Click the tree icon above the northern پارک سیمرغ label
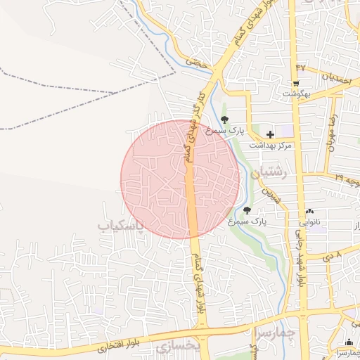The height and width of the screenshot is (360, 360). [x=224, y=119]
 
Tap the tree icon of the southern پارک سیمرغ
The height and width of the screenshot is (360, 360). [x=246, y=210]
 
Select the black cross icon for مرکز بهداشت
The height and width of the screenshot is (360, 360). [x=270, y=133]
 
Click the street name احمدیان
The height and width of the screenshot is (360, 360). [x=326, y=77]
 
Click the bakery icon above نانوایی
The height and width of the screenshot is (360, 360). [x=310, y=211]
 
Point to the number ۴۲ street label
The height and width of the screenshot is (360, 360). [x=300, y=67]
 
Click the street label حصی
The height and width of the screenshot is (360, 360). [x=198, y=62]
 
